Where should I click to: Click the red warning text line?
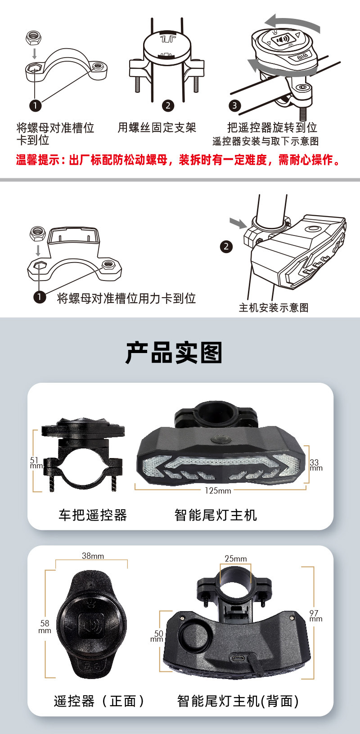tap(179, 160)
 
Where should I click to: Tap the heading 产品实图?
tap(174, 353)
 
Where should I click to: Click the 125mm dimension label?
tap(218, 490)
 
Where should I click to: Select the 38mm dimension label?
tap(93, 556)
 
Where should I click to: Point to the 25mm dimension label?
tap(236, 558)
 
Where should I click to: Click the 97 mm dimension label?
tap(315, 616)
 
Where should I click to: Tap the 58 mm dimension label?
tap(45, 626)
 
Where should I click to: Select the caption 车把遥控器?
tap(93, 515)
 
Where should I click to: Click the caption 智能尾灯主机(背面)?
tap(238, 701)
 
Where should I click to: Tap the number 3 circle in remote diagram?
tap(234, 106)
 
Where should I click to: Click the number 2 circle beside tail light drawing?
tap(226, 246)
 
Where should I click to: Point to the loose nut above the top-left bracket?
tap(33, 37)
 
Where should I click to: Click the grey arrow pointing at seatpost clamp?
tap(238, 222)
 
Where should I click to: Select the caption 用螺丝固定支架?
tap(157, 127)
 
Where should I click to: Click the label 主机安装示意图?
tap(274, 308)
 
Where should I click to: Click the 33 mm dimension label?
tap(315, 465)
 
